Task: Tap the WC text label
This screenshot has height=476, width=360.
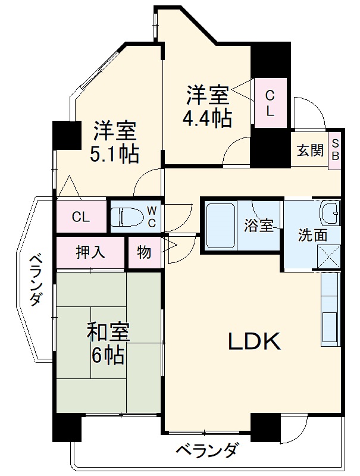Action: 152,217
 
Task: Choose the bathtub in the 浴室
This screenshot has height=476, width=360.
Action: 221,225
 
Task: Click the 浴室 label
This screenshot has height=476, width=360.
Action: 258,226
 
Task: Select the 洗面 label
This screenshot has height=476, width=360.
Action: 312,234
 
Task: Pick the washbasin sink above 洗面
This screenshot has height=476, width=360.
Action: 329,210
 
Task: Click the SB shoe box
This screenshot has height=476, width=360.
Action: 335,150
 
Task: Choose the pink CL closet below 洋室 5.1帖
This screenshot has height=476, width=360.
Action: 81,217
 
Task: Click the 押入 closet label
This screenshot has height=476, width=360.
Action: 90,252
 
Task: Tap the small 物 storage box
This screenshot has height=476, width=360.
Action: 144,252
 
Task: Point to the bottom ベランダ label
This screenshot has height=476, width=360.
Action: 208,450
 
